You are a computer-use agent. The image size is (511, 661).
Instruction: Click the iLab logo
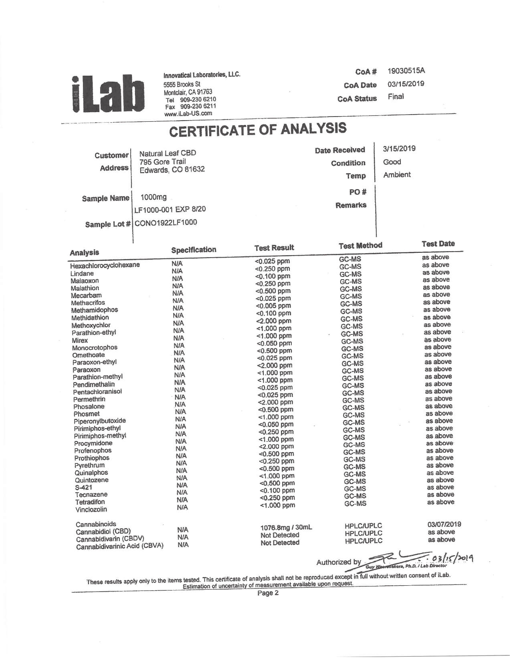point(107,93)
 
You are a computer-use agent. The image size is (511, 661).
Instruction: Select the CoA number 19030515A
point(406,71)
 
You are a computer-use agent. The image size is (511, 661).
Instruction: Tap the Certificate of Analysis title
point(258,129)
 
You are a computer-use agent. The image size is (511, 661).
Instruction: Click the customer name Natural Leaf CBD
point(168,153)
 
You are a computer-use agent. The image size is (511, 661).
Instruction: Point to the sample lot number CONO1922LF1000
point(166,223)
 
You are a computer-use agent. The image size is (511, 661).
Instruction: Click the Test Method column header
point(360,246)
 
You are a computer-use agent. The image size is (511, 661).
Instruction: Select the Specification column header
point(194,250)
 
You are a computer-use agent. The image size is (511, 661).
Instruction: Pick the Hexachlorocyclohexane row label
point(105,265)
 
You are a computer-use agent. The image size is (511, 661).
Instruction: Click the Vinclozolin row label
point(91,510)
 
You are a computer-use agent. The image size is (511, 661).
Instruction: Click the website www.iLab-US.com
point(188,113)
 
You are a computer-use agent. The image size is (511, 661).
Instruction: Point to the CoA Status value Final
point(396,97)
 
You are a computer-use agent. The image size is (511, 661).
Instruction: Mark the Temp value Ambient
point(397,175)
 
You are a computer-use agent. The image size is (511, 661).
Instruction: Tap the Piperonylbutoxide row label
point(99,421)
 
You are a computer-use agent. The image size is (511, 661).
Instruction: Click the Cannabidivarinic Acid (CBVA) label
point(119,546)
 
